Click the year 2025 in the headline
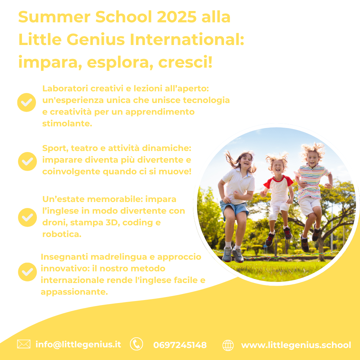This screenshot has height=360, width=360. pos(177,17)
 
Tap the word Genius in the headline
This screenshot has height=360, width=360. pos(96,39)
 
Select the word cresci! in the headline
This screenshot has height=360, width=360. pos(185,62)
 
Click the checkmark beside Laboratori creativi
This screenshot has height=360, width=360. pos(27,102)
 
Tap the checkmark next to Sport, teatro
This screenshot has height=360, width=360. pos(27,161)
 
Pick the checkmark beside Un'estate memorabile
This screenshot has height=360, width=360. pos(27,217)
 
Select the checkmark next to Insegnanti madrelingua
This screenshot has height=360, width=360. pos(27,272)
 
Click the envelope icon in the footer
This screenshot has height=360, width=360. pos(24,344)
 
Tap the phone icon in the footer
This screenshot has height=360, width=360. pos(136,344)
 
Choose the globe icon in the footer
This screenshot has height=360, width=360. pos(228,345)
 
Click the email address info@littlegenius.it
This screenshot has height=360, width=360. pos(78,345)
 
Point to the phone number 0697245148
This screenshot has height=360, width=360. pos(180,345)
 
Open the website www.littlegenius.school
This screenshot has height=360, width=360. pos(296,345)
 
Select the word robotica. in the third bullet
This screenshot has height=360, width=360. pos(62,234)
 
